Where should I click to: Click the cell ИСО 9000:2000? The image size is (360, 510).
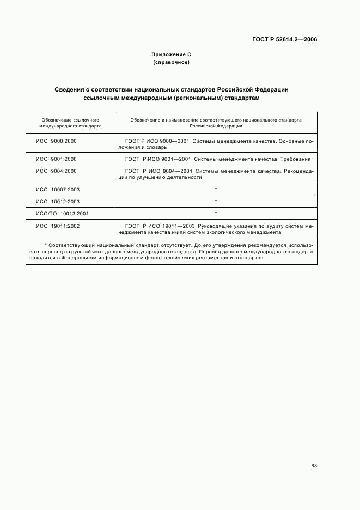coord(56,141)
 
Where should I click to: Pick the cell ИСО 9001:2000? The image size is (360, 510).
coord(56,159)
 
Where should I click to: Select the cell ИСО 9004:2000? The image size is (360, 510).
coord(56,171)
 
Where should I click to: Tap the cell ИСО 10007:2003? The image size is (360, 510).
coord(58,189)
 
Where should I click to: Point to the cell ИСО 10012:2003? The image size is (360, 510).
coord(58,201)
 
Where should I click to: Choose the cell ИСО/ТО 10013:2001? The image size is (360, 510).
coord(62,213)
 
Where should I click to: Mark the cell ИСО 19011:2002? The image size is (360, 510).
coord(58,225)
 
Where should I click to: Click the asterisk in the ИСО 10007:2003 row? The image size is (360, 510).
coord(216,189)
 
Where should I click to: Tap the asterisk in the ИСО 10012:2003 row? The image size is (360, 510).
coord(216,201)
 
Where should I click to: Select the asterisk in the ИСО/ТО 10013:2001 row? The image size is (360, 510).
coord(216,213)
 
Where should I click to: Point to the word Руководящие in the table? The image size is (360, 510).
coord(215,225)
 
